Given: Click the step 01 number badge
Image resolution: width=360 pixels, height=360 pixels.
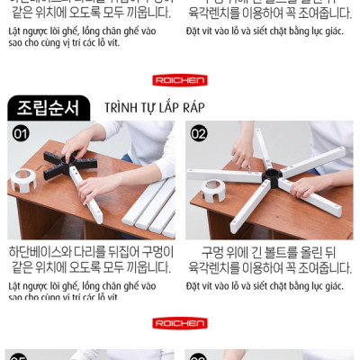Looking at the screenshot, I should coord(20,133).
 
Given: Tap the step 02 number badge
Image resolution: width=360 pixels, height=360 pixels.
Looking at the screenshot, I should coord(199,133).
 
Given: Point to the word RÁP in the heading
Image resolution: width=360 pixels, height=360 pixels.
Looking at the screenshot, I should coord(191,108).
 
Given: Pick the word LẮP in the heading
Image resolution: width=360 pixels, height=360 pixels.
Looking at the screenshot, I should coord(168,108).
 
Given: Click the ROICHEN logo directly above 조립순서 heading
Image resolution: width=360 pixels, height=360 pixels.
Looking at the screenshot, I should coord(180,80).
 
